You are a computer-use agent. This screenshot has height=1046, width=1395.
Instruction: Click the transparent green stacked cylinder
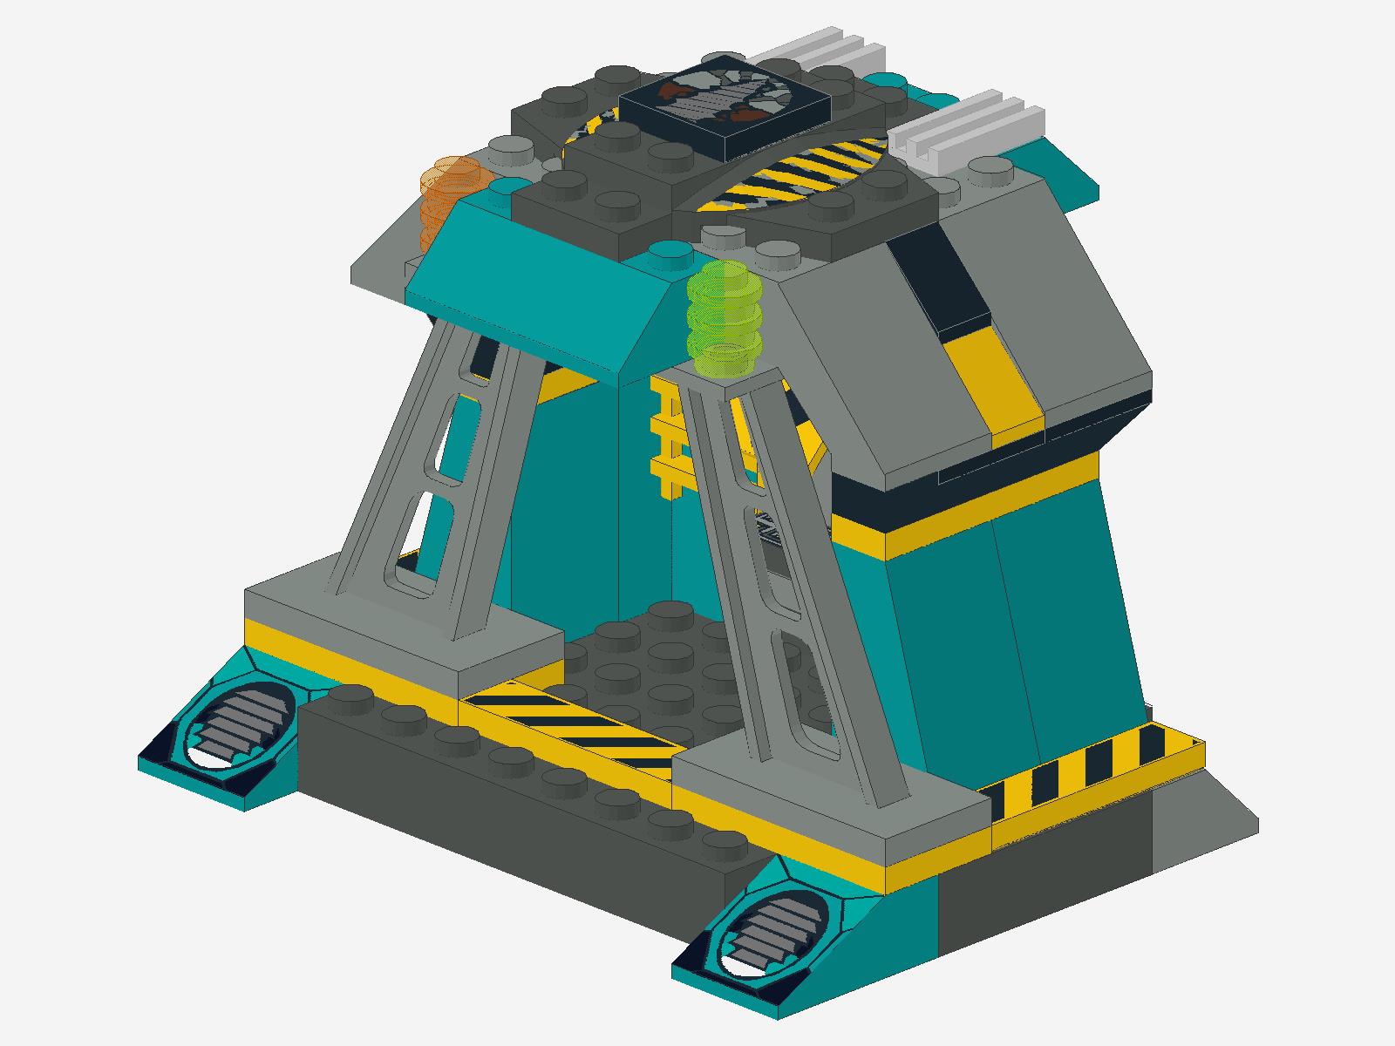724,318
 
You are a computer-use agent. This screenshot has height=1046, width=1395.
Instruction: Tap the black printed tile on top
724,105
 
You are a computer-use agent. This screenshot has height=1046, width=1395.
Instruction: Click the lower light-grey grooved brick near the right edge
968,131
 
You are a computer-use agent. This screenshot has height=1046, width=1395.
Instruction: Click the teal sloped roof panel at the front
541,296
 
